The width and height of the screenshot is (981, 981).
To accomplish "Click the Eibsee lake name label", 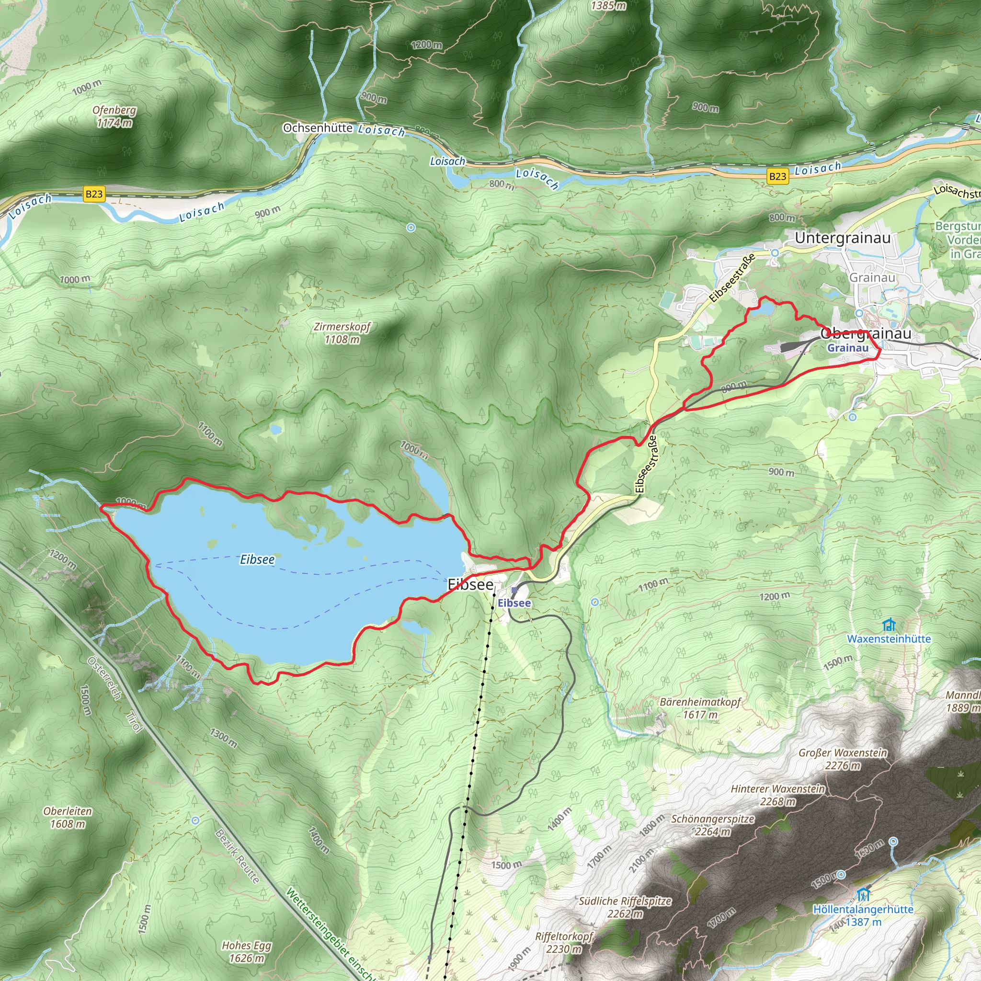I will pyautogui.click(x=257, y=559).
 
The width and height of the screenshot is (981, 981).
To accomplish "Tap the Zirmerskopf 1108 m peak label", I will pyautogui.click(x=342, y=333).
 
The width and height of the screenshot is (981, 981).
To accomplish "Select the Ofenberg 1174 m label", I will pyautogui.click(x=114, y=116).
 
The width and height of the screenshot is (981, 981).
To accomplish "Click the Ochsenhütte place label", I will pyautogui.click(x=318, y=127).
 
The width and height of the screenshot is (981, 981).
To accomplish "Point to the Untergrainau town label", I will pyautogui.click(x=843, y=238).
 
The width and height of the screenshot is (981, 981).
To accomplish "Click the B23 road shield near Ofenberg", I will pyautogui.click(x=94, y=194).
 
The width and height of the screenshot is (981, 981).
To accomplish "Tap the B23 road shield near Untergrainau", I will pyautogui.click(x=777, y=176).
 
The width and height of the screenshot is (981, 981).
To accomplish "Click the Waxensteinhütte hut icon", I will pyautogui.click(x=889, y=625).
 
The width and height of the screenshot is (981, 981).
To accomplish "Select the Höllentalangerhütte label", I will pyautogui.click(x=863, y=910).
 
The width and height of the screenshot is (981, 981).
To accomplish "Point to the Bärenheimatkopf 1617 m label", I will pyautogui.click(x=700, y=708).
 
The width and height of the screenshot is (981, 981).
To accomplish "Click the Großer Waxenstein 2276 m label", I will pyautogui.click(x=843, y=759).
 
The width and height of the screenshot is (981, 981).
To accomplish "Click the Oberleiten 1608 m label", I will pyautogui.click(x=68, y=817).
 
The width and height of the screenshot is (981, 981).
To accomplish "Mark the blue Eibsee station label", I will pyautogui.click(x=514, y=603).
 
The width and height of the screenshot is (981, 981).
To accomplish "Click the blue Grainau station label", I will pyautogui.click(x=847, y=348).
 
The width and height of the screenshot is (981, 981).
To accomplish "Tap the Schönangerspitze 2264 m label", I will pyautogui.click(x=712, y=825).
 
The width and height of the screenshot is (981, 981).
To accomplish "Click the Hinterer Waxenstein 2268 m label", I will pyautogui.click(x=777, y=795).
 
